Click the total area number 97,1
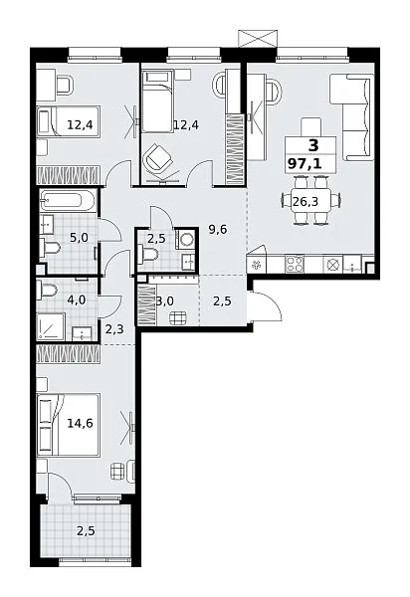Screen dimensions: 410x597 click(305, 164)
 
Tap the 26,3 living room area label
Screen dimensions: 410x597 click(306, 201)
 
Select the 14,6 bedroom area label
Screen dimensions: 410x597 click(81, 423)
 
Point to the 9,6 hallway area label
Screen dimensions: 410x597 click(218, 229)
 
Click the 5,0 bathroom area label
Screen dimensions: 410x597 click(79, 238)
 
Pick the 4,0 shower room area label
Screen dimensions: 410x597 click(77, 300)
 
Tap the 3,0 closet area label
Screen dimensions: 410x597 click(165, 301)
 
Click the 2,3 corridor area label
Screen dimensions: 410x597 click(114, 328)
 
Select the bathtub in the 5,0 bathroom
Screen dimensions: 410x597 click(68, 200)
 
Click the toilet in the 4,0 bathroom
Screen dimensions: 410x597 click(47, 291)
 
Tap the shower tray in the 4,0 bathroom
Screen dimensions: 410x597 click(51, 326)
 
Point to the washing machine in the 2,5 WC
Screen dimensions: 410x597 click(186, 239)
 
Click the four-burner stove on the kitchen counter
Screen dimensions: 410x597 click(295, 264)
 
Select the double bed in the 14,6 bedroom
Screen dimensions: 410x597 click(69, 425)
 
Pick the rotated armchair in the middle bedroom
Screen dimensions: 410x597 click(157, 157)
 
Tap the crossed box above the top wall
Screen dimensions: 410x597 click(257, 39)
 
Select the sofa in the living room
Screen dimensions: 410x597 click(351, 116)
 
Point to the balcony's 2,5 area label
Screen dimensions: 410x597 click(86, 531)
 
